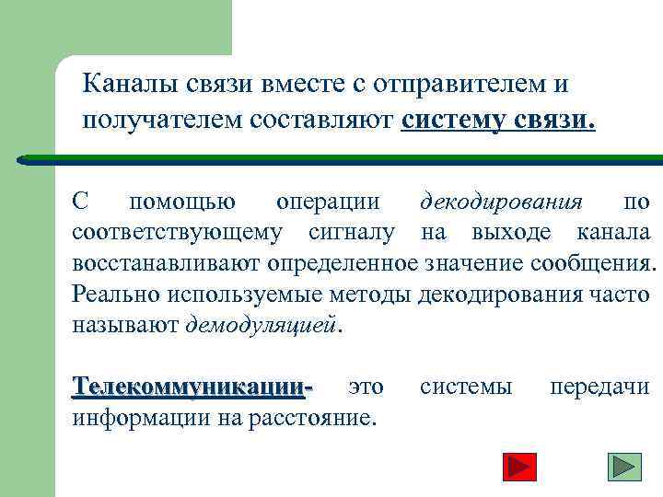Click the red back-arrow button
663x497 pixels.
521,467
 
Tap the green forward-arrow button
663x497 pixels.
625,467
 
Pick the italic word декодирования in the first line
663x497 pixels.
501,202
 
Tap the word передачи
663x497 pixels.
599,387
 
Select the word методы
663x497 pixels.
372,295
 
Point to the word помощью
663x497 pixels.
181,202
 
